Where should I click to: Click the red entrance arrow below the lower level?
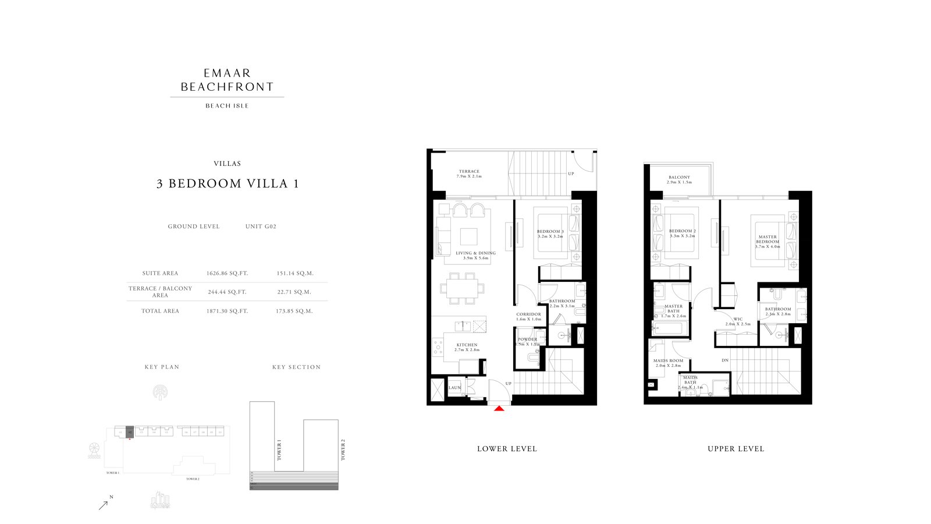(499, 409)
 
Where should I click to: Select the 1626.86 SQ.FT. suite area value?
(227, 273)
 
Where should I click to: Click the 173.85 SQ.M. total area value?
(294, 311)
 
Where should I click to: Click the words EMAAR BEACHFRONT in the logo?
(227, 80)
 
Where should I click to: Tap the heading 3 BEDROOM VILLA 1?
(227, 184)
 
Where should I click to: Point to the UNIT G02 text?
(261, 226)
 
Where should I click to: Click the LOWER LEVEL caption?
(507, 449)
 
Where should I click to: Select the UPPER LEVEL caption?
(735, 449)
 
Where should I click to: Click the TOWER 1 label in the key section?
(279, 451)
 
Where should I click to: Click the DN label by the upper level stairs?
(725, 360)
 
